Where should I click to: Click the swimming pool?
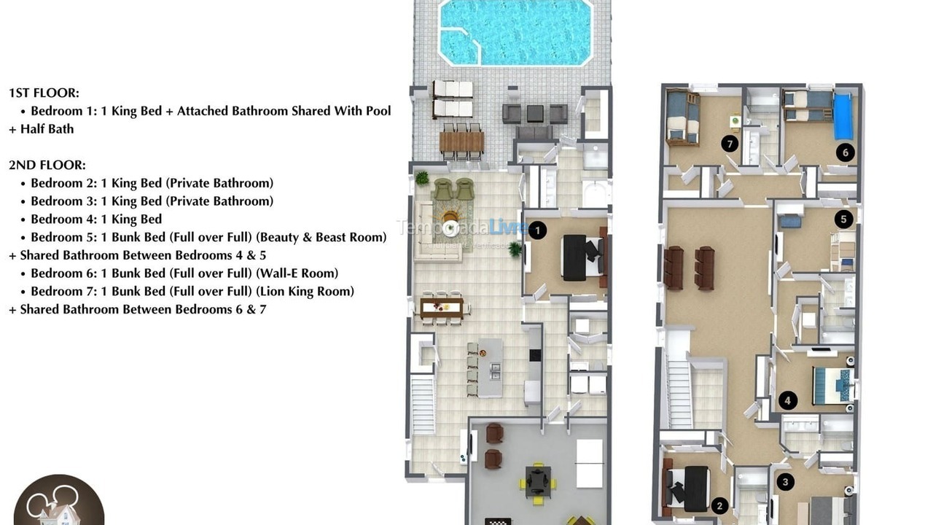tap(514, 31)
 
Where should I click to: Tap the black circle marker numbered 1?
tap(536, 230)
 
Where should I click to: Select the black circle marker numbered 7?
tap(730, 144)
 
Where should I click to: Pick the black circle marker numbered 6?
tap(845, 152)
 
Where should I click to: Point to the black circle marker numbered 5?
tap(843, 218)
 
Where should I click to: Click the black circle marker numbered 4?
tap(787, 400)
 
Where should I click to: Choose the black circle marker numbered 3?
tap(785, 481)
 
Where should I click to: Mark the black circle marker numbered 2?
tap(719, 505)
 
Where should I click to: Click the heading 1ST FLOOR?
tap(44, 93)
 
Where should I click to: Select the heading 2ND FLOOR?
tap(47, 165)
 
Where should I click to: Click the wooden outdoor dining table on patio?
tap(461, 141)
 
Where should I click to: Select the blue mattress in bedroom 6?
tap(843, 116)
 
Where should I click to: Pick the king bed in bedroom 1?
tap(581, 257)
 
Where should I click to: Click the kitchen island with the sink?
tap(491, 367)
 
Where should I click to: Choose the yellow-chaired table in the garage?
tap(538, 481)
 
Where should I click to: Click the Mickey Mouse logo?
tap(58, 502)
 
